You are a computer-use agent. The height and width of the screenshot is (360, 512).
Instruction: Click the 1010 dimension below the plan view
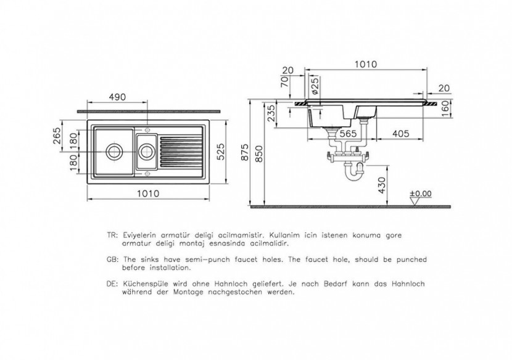(147, 193)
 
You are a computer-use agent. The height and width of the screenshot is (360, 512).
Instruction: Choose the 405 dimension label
(400, 134)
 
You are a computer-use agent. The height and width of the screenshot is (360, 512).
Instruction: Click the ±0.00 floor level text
(423, 194)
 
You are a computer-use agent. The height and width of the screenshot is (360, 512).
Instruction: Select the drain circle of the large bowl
(114, 149)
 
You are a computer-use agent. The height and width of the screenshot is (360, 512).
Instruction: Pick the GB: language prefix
(112, 260)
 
